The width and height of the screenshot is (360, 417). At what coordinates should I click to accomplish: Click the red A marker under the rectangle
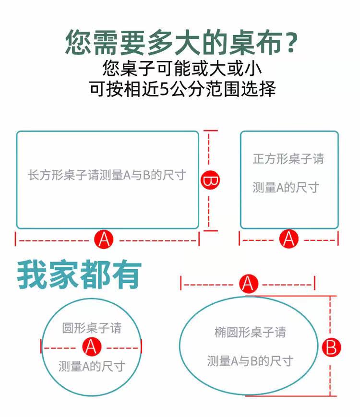[104, 238]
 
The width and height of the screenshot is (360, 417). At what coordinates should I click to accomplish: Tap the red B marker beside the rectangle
[209, 181]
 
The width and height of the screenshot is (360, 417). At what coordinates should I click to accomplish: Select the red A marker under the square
[288, 238]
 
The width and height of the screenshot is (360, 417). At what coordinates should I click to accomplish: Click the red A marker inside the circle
[91, 346]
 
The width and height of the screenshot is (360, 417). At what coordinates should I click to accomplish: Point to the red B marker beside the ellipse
[331, 347]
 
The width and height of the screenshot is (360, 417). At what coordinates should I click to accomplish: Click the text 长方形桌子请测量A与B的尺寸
[107, 175]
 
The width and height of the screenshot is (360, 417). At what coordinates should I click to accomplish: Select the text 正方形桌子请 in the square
[288, 159]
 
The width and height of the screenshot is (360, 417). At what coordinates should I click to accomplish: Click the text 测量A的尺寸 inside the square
[286, 188]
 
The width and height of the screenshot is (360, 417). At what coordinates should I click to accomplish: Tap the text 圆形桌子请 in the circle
[92, 328]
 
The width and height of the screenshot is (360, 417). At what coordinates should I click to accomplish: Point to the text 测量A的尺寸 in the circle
[92, 366]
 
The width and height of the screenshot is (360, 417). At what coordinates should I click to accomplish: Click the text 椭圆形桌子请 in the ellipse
[250, 332]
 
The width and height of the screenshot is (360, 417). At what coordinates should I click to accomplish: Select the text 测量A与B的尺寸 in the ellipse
[250, 361]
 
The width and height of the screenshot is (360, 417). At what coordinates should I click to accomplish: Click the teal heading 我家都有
[79, 276]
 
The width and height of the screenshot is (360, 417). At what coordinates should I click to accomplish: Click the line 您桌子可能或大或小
[182, 68]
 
